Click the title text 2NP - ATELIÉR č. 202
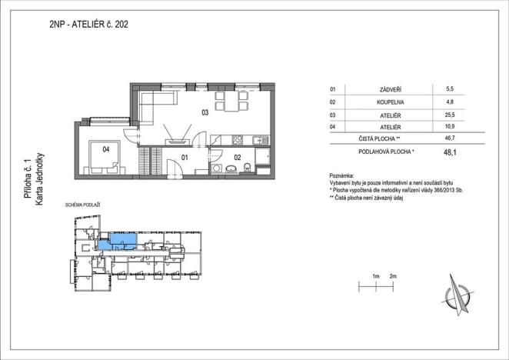[88, 25]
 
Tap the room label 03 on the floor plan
[205, 113]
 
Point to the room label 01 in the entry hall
[185, 157]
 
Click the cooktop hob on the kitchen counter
[238, 140]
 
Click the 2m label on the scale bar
[393, 275]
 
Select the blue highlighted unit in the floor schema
[119, 242]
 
